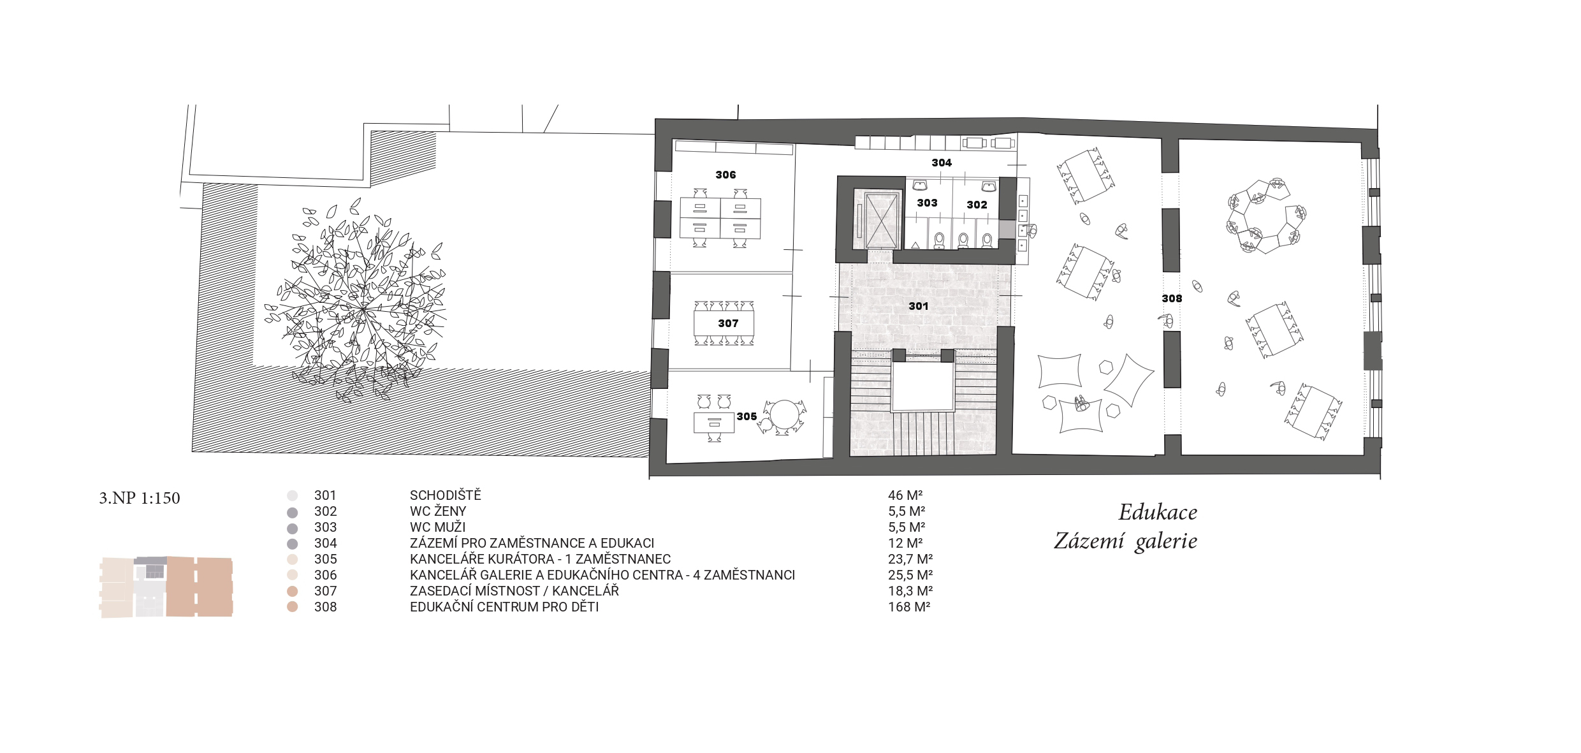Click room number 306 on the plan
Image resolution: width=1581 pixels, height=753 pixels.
725,175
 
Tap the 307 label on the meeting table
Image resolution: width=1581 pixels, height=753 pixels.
728,323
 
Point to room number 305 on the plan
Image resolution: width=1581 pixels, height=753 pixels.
747,416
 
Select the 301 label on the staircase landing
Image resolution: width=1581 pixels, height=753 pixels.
918,306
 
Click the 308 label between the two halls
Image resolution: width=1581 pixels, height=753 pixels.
1172,298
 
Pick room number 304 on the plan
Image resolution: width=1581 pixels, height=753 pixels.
942,163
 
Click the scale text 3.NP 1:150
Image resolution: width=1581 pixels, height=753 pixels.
140,497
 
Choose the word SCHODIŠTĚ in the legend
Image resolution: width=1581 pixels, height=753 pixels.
446,495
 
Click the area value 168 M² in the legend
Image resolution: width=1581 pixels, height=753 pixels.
909,607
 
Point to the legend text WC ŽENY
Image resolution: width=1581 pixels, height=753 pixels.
438,511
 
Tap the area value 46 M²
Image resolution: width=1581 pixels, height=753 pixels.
906,495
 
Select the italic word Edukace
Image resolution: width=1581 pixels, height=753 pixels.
1158,513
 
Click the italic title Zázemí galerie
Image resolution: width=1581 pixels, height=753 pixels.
1126,541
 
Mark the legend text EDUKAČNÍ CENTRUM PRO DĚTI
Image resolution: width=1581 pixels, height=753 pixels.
504,607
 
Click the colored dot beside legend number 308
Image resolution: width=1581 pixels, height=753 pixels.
293,607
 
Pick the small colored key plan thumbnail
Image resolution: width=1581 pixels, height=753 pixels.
166,587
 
